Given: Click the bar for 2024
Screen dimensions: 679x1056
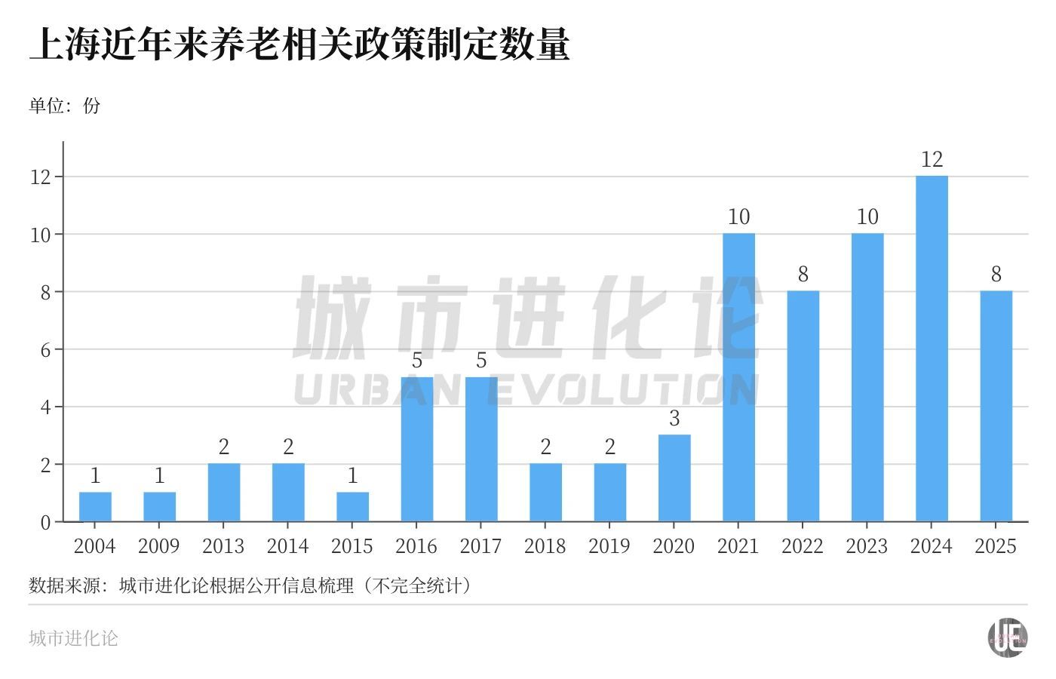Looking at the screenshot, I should (x=932, y=349).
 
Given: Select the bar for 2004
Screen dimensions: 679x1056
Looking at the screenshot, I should (x=95, y=507).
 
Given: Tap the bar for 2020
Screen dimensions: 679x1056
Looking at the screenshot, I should (x=674, y=478).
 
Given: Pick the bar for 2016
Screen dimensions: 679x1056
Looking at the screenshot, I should (x=417, y=450).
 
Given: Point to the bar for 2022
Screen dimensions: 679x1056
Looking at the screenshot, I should (x=803, y=407).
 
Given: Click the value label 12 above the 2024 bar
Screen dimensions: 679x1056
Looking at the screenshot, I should (x=932, y=159).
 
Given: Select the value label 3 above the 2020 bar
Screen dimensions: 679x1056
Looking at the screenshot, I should (x=674, y=418).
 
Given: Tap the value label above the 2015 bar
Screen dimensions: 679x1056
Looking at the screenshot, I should (x=352, y=476).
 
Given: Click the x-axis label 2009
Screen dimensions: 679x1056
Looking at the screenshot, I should (x=159, y=546).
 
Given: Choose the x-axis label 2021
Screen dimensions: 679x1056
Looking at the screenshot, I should (x=738, y=546).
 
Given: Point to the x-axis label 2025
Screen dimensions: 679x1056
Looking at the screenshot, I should (x=996, y=546).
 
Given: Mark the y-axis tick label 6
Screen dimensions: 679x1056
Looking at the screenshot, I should (x=45, y=350).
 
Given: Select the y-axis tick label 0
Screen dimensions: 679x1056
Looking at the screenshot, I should (x=45, y=522).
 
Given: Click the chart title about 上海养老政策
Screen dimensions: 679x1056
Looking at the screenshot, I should (x=299, y=44).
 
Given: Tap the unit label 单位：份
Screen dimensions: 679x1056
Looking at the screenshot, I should (x=65, y=106).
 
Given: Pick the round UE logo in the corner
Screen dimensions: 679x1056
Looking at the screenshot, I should (x=1008, y=638).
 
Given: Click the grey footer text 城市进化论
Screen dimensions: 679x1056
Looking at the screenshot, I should (x=74, y=638).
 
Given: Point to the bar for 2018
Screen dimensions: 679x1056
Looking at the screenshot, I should (x=545, y=493).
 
